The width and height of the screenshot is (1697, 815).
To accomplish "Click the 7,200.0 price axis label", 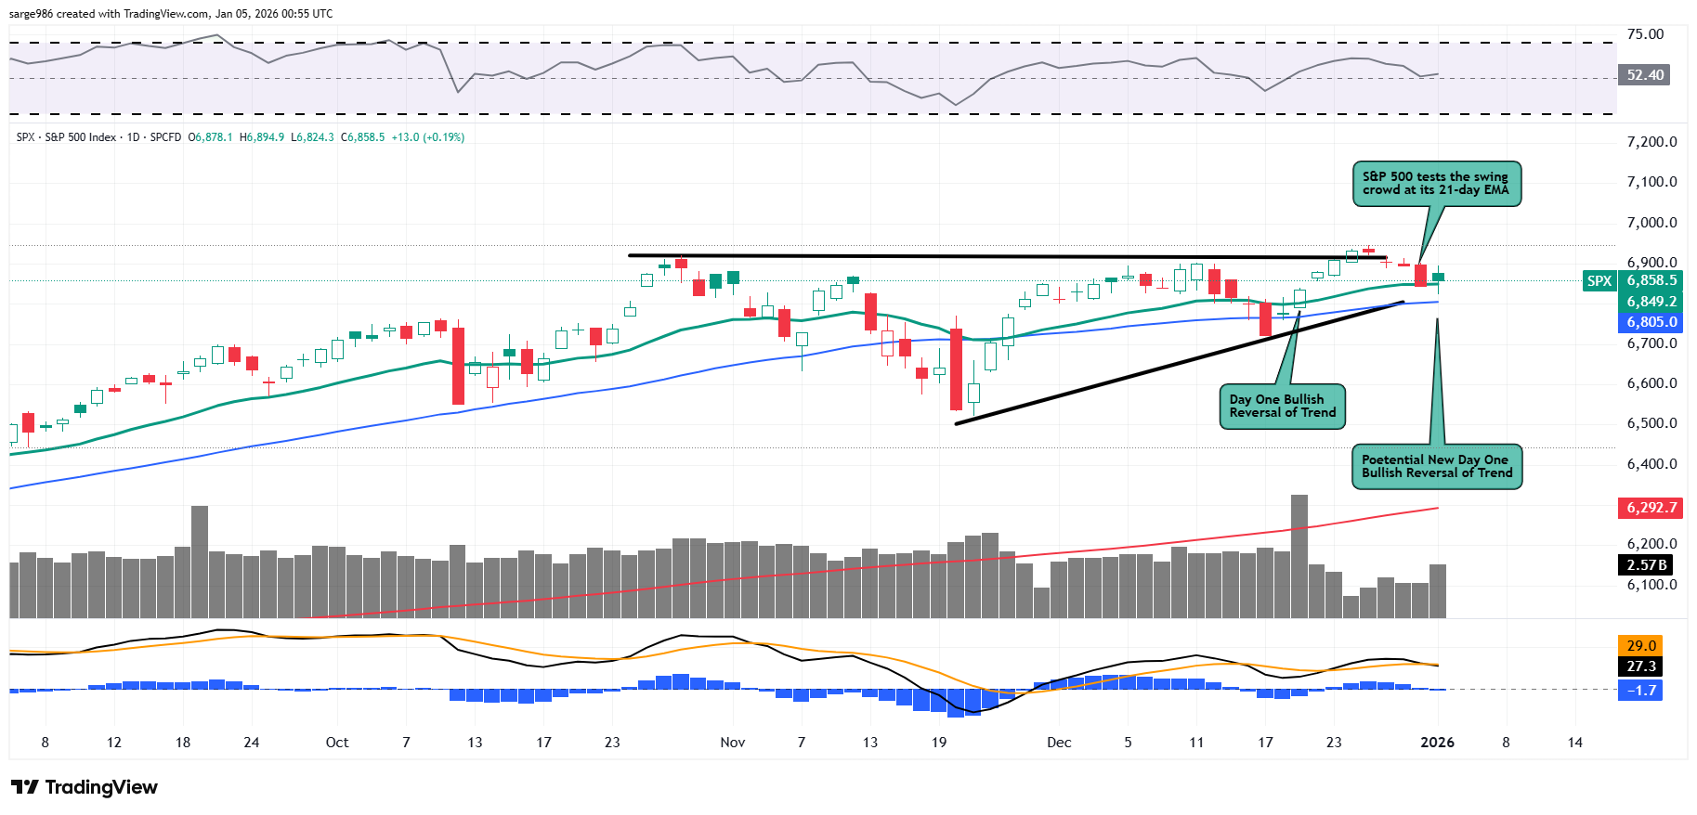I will pyautogui.click(x=1651, y=142).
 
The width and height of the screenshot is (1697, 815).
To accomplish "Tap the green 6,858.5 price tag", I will pyautogui.click(x=1651, y=280).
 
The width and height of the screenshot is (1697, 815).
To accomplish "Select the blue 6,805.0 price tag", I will pyautogui.click(x=1651, y=322).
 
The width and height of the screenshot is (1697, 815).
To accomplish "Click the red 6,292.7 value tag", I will pyautogui.click(x=1651, y=508).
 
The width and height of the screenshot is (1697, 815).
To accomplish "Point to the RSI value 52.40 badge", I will pyautogui.click(x=1645, y=75).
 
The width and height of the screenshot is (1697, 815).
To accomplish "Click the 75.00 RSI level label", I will pyautogui.click(x=1645, y=34).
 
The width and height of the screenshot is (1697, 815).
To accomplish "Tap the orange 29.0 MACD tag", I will pyautogui.click(x=1641, y=645).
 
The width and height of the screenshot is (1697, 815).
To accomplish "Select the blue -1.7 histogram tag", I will pyautogui.click(x=1641, y=690).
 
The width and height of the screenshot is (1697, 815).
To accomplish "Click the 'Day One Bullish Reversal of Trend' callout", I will pyautogui.click(x=1282, y=407).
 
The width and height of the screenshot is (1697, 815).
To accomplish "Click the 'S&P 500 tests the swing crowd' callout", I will pyautogui.click(x=1435, y=184).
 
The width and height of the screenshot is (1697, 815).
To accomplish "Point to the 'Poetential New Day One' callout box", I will pyautogui.click(x=1436, y=466).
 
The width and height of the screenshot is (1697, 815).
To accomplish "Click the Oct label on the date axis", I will pyautogui.click(x=337, y=743).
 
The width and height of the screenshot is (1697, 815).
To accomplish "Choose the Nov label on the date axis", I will pyautogui.click(x=733, y=743).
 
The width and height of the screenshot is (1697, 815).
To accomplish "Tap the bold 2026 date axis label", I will pyautogui.click(x=1437, y=743).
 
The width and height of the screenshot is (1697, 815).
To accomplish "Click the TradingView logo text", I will pyautogui.click(x=100, y=787).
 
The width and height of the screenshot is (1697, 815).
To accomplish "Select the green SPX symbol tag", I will pyautogui.click(x=1599, y=280).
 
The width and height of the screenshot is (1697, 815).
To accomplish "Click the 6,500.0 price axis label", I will pyautogui.click(x=1651, y=423).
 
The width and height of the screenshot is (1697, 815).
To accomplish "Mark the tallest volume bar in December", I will pyautogui.click(x=1299, y=556).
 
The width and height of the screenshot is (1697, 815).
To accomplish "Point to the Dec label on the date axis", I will pyautogui.click(x=1059, y=743).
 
